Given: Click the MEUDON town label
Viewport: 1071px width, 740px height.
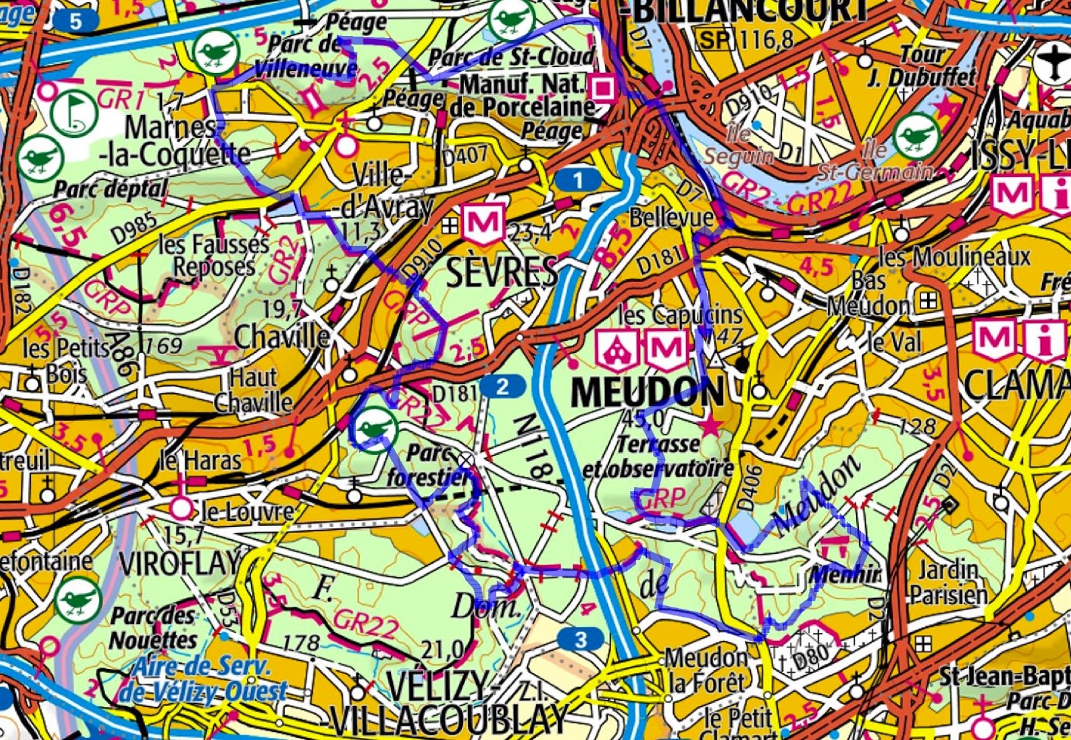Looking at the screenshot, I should coord(647,392).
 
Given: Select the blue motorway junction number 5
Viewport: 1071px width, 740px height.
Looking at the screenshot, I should coord(76,21).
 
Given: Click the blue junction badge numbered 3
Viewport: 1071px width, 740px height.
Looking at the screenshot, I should coord(580,640).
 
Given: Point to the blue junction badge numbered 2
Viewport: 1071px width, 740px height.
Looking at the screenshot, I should coord(502,386).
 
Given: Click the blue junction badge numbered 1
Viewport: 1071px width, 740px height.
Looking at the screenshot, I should coord(578,179).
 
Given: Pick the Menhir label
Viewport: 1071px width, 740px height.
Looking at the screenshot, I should coord(845,575).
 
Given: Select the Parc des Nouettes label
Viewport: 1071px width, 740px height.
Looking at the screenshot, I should coord(154,627).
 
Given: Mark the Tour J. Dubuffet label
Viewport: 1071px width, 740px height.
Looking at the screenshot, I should coord(922,66).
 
